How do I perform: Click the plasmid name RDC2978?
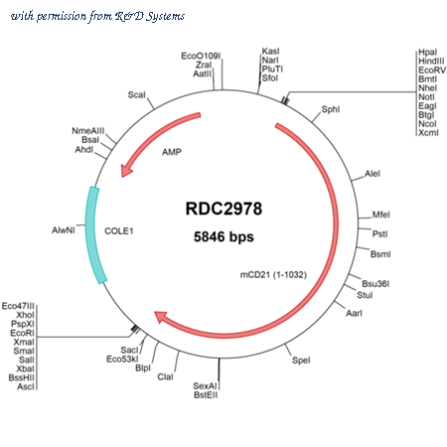tap(223, 209)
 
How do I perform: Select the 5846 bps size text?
tap(223, 236)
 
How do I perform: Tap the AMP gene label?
tap(172, 152)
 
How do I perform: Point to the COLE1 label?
tap(119, 230)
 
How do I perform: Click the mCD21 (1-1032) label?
tap(273, 274)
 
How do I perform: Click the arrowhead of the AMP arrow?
tap(126, 170)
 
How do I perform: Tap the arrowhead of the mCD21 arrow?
tap(161, 317)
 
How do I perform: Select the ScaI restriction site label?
tap(136, 95)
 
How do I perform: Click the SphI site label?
tap(331, 109)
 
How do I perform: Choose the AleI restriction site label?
tap(372, 174)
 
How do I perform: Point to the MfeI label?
tap(380, 215)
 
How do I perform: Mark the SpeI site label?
tap(301, 360)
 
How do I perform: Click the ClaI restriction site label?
tap(165, 376)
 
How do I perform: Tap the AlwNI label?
tap(64, 229)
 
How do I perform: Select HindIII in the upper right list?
tap(431, 61)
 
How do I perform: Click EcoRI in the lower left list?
tap(22, 333)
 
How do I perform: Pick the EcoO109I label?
tap(201, 56)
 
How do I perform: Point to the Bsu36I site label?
tap(375, 284)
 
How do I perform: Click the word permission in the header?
tap(62, 16)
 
